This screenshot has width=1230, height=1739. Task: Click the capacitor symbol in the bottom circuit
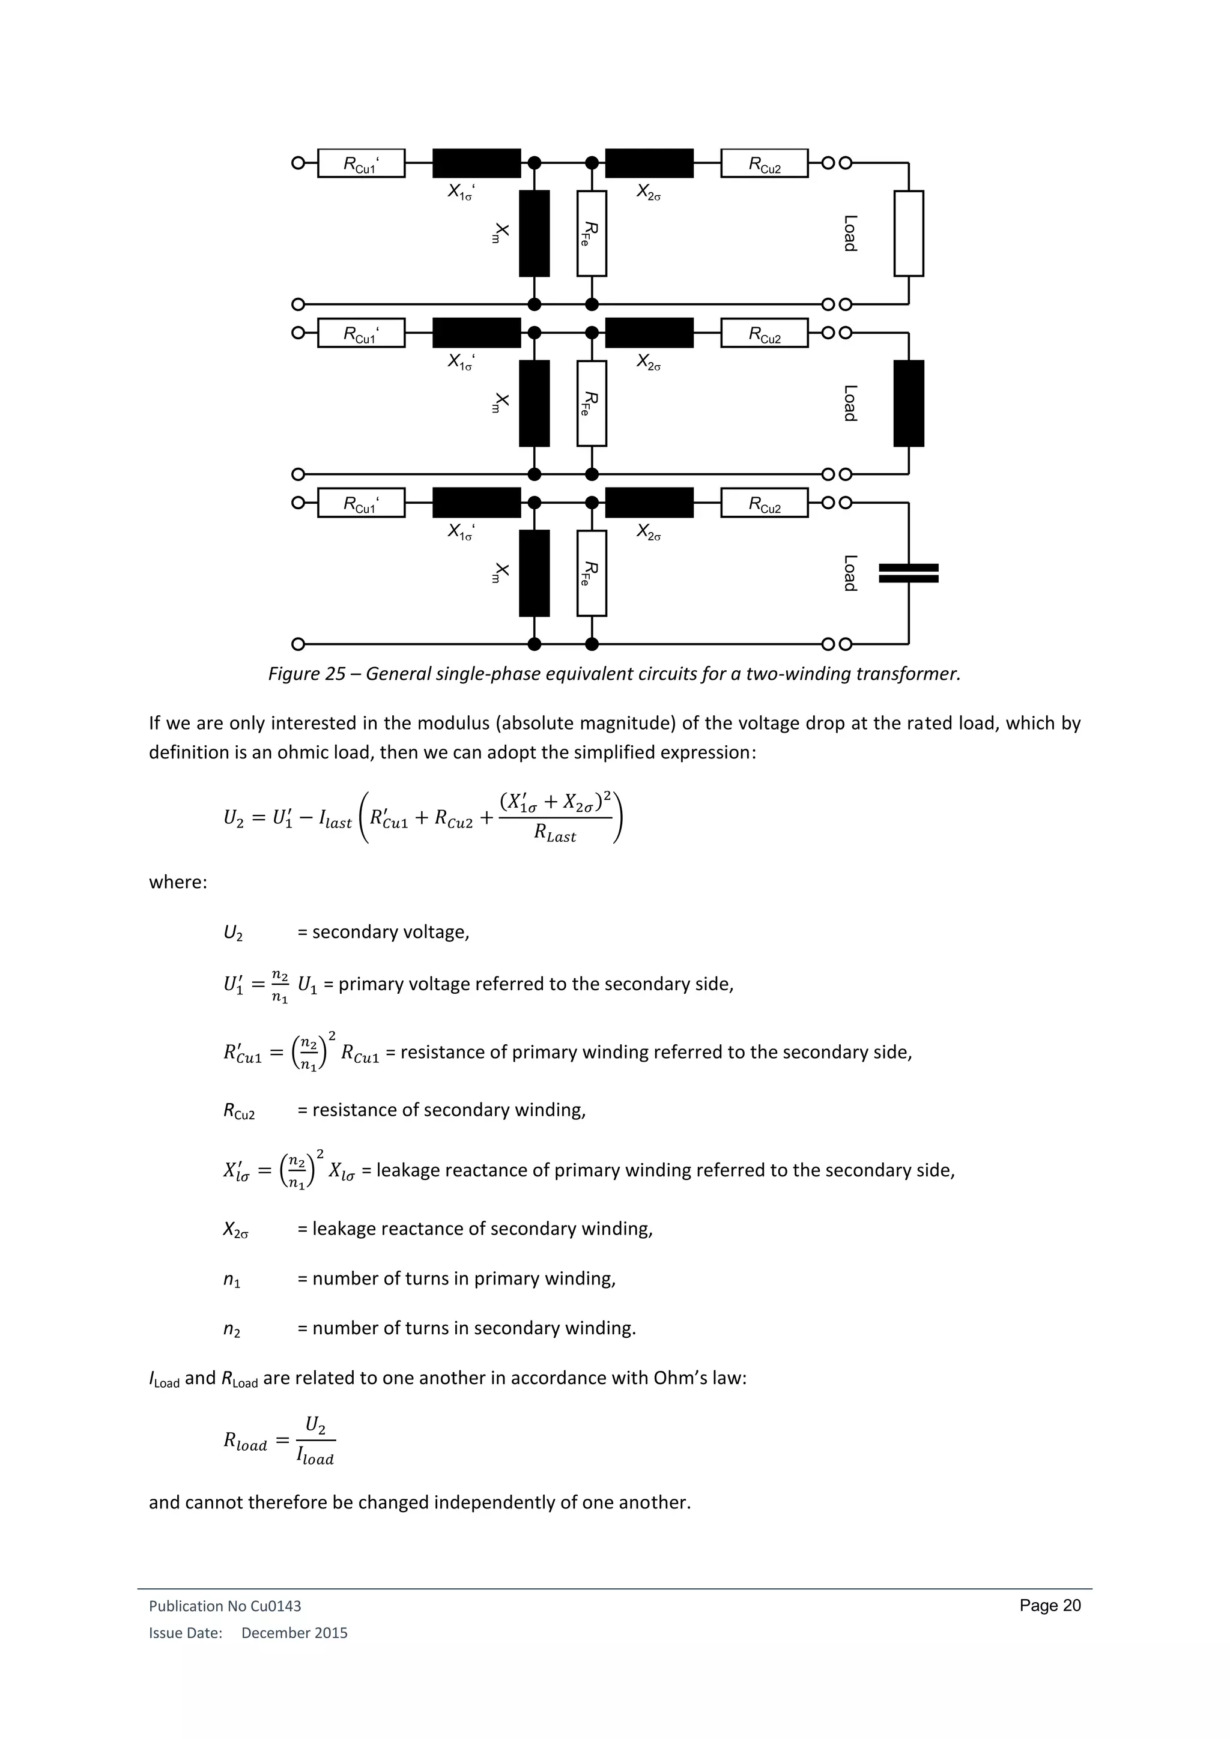click(x=908, y=573)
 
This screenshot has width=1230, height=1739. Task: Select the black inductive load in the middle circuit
click(x=908, y=403)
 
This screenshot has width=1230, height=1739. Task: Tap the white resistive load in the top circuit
click(x=908, y=233)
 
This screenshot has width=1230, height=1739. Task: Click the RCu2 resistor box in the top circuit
click(x=764, y=163)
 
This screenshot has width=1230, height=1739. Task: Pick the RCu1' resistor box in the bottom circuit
click(x=362, y=503)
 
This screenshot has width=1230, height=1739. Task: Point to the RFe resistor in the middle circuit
click(x=592, y=403)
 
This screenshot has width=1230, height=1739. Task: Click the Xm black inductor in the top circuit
click(x=534, y=233)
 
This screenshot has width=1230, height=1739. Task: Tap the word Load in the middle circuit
click(x=850, y=403)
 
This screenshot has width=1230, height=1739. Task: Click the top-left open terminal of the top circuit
click(x=298, y=163)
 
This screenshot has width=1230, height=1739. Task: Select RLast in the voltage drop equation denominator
click(x=554, y=834)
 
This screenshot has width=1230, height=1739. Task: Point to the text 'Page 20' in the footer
click(x=1050, y=1605)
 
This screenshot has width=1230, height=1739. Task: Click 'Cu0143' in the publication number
click(x=276, y=1606)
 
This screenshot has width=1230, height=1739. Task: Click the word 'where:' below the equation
click(x=178, y=882)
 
